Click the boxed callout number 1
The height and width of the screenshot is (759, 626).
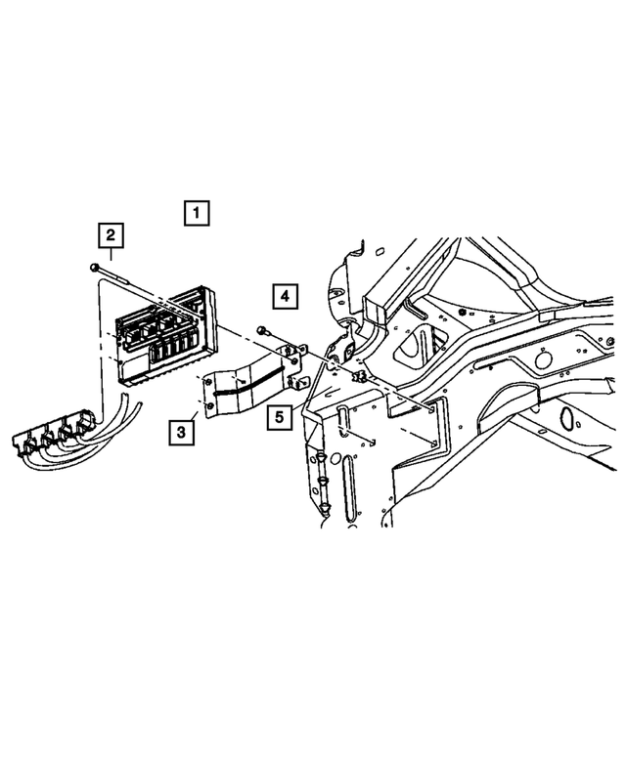(196, 212)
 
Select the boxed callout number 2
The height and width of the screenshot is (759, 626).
(111, 234)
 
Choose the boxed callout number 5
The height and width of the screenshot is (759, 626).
(280, 417)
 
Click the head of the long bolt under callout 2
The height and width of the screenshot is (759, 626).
(92, 267)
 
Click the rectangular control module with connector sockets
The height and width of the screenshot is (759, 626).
(164, 332)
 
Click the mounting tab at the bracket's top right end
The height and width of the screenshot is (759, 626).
(299, 349)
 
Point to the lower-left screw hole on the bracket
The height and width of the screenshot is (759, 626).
(209, 405)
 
